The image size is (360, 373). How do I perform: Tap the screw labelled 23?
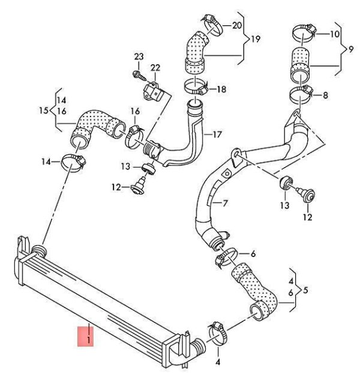[139, 75]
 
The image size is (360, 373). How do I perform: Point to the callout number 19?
[255, 39]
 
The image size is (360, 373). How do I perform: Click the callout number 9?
[351, 49]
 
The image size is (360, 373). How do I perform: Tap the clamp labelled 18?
[196, 87]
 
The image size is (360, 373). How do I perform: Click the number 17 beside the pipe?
[217, 135]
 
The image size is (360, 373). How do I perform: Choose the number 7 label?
[225, 203]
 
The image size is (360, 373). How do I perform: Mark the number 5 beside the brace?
[305, 290]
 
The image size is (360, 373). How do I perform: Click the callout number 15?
[44, 111]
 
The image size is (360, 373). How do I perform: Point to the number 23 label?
[139, 56]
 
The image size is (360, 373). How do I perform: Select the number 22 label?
[155, 68]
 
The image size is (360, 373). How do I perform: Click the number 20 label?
[236, 25]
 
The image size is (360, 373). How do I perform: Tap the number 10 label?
[335, 34]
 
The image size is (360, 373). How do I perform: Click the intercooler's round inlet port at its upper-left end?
[39, 251]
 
